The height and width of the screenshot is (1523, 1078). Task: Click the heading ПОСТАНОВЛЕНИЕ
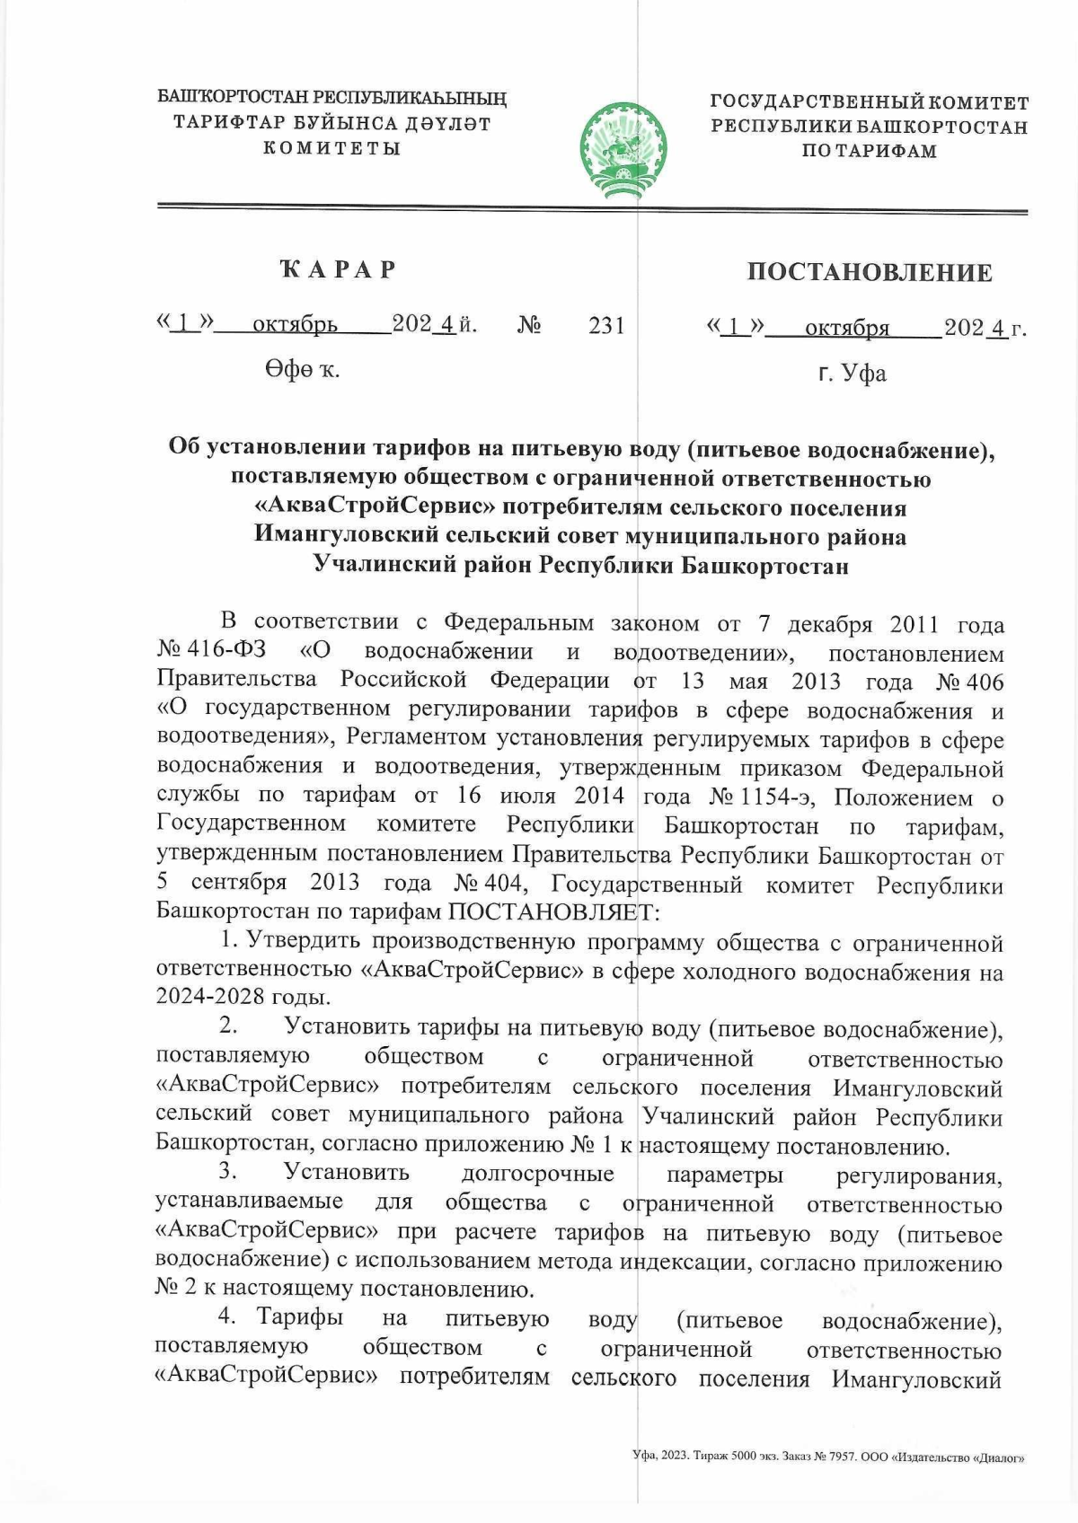pyautogui.click(x=869, y=273)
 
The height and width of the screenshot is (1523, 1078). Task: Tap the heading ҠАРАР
pyautogui.click(x=339, y=269)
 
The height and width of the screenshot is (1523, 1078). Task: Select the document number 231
pyautogui.click(x=606, y=325)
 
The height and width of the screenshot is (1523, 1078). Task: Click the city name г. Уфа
pyautogui.click(x=852, y=373)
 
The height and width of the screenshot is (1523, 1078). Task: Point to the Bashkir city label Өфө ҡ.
pyautogui.click(x=302, y=368)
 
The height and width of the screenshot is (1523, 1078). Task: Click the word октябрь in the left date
pyautogui.click(x=295, y=325)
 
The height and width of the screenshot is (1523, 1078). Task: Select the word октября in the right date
pyautogui.click(x=846, y=329)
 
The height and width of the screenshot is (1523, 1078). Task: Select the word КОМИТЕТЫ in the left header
pyautogui.click(x=331, y=147)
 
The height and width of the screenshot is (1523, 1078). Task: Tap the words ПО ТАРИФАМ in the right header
pyautogui.click(x=868, y=151)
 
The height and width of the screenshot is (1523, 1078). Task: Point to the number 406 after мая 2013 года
pyautogui.click(x=985, y=682)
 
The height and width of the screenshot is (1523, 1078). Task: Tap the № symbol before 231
pyautogui.click(x=528, y=325)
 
